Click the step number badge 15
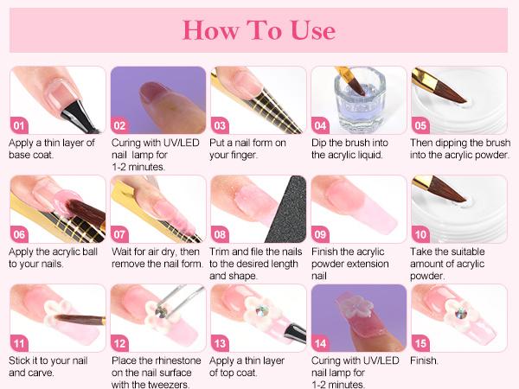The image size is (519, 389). click(423, 341)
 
